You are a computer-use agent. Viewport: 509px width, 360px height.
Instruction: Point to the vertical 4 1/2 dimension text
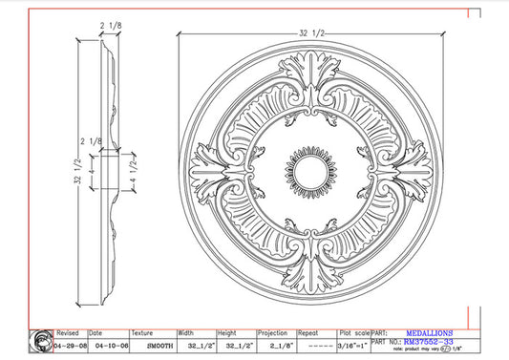tap(143, 174)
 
